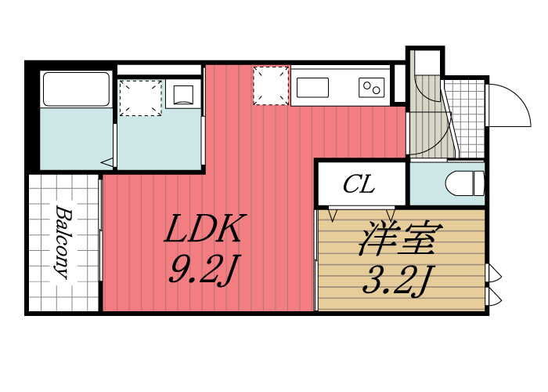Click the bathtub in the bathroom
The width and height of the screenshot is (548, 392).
pos(75,89)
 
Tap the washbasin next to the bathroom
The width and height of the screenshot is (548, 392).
pos(183,95)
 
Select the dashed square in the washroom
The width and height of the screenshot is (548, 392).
pos(140,97)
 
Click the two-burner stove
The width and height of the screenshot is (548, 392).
pos(371,87)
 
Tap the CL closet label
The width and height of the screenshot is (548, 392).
pos(359,186)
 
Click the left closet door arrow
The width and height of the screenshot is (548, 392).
pos(334,214)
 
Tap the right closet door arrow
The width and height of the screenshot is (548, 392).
pos(390,214)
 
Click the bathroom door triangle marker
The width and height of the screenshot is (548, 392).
pos(106,162)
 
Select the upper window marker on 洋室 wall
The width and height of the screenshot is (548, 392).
pos(493,274)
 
